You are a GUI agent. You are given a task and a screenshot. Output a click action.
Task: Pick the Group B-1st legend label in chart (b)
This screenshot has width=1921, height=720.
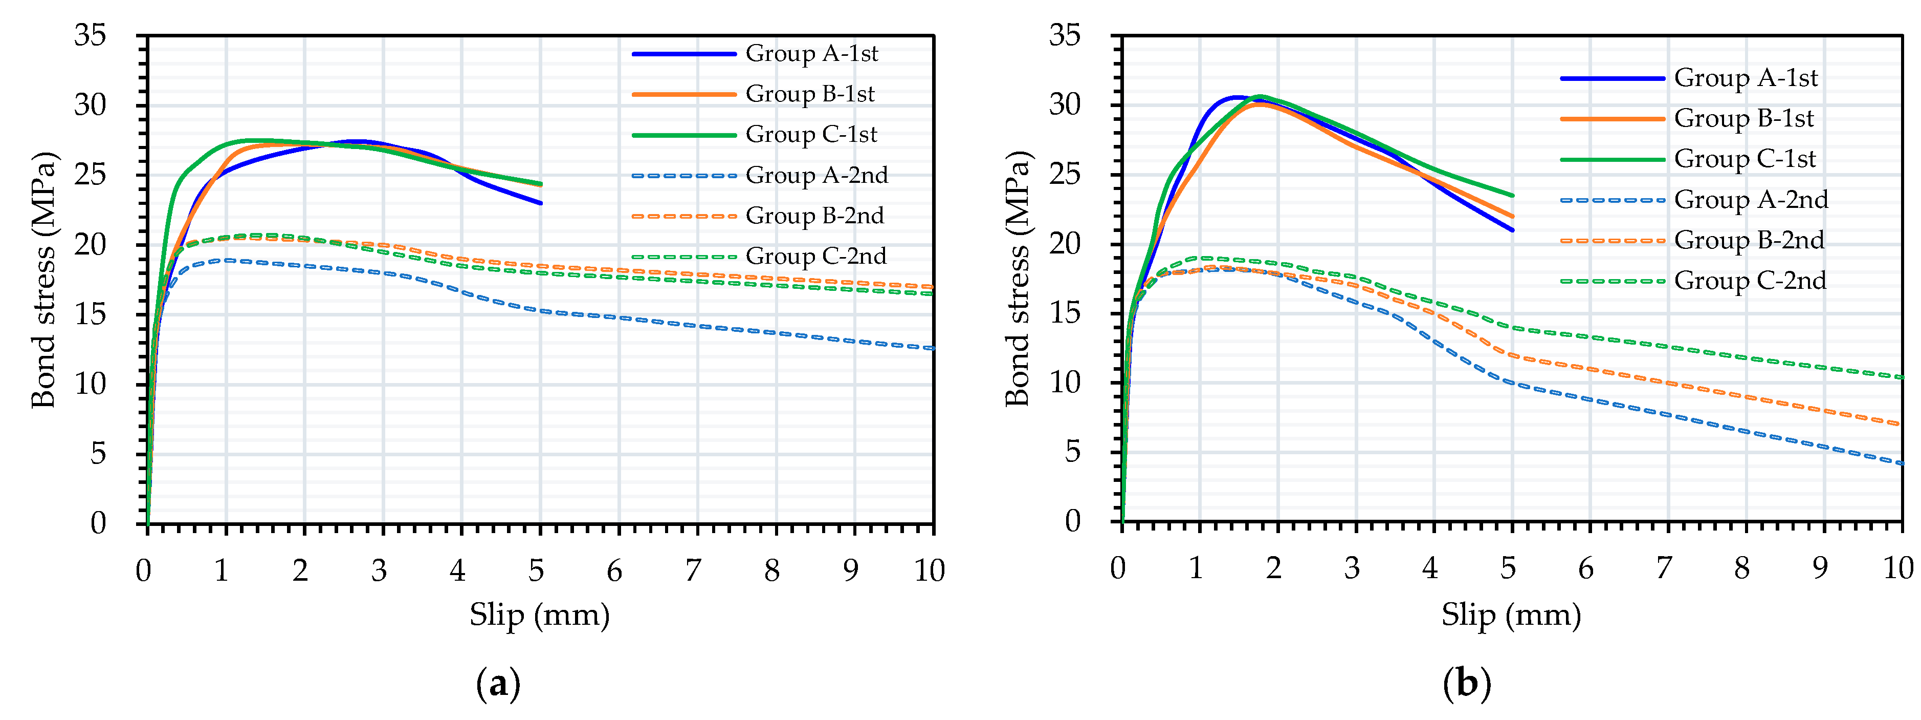pyautogui.click(x=1743, y=119)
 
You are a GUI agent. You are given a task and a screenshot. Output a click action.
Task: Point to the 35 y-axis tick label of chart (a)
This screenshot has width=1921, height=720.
pyautogui.click(x=90, y=35)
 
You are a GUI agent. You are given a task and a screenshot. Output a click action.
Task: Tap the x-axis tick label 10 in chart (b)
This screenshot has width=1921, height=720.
pyautogui.click(x=1898, y=568)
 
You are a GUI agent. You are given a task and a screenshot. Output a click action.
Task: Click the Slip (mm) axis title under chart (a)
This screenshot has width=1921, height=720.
pyautogui.click(x=539, y=616)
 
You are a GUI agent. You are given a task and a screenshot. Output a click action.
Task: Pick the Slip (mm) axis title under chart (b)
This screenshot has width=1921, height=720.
pyautogui.click(x=1511, y=616)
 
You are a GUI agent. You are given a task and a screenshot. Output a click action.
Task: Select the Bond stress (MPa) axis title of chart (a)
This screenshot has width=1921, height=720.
pyautogui.click(x=43, y=279)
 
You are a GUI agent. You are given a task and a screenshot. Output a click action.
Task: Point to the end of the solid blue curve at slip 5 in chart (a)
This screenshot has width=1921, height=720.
pyautogui.click(x=541, y=203)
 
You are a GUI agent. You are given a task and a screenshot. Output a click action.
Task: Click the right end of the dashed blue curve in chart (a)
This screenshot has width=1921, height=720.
pyautogui.click(x=932, y=348)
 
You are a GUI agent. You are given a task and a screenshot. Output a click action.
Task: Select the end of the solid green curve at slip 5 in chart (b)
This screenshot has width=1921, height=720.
pyautogui.click(x=1512, y=196)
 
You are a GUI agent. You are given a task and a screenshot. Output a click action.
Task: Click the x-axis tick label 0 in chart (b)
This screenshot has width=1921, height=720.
pyautogui.click(x=1117, y=568)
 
